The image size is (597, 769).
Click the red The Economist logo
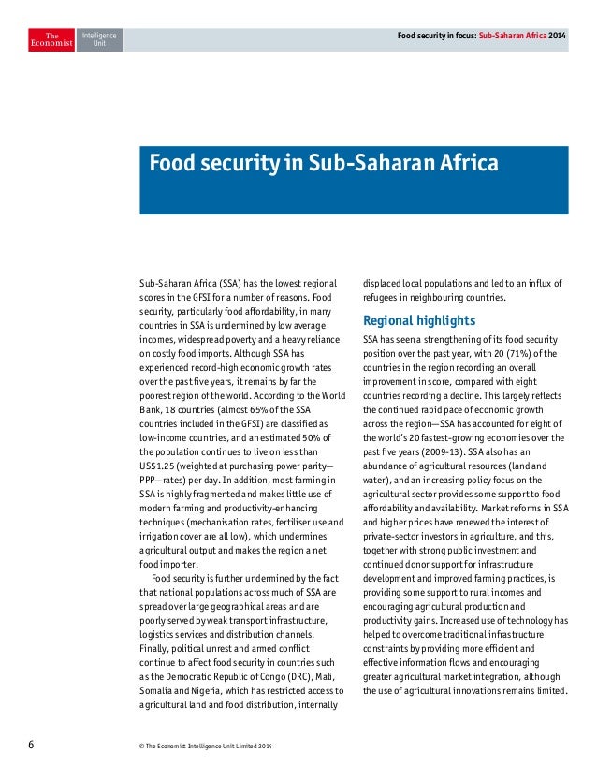tap(51, 40)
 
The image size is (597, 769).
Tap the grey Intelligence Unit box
tap(98, 40)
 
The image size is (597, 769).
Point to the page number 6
tap(31, 745)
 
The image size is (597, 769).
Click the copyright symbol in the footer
tap(140, 746)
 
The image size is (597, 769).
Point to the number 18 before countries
tap(166, 410)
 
